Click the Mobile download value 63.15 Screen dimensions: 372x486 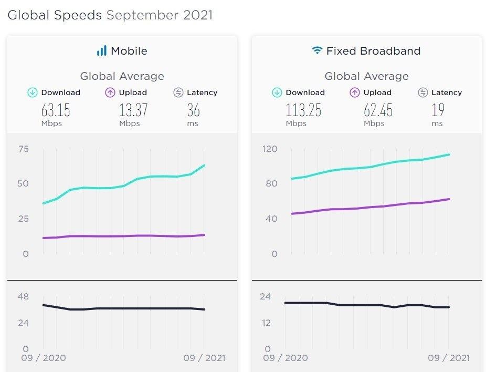point(56,110)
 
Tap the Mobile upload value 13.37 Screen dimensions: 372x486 point(133,110)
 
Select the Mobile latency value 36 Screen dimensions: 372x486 point(193,110)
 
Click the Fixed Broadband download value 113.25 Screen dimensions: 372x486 point(303,110)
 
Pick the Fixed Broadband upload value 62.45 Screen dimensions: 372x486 point(378,110)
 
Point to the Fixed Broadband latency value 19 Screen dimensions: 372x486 point(438,110)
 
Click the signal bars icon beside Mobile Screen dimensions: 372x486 point(101,51)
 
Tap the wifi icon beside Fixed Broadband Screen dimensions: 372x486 point(317,51)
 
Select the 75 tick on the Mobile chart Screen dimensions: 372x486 point(23,149)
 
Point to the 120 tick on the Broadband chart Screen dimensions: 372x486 point(269,149)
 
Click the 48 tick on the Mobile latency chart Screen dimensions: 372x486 point(23,296)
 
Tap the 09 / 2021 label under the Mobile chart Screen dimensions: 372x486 point(204,358)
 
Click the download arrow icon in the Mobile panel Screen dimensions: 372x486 point(33,92)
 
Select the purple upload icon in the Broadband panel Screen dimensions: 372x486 point(355,92)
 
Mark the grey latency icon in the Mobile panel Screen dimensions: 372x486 point(178,92)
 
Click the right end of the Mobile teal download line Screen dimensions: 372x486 point(204,166)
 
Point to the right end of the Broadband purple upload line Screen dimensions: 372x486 point(449,199)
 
